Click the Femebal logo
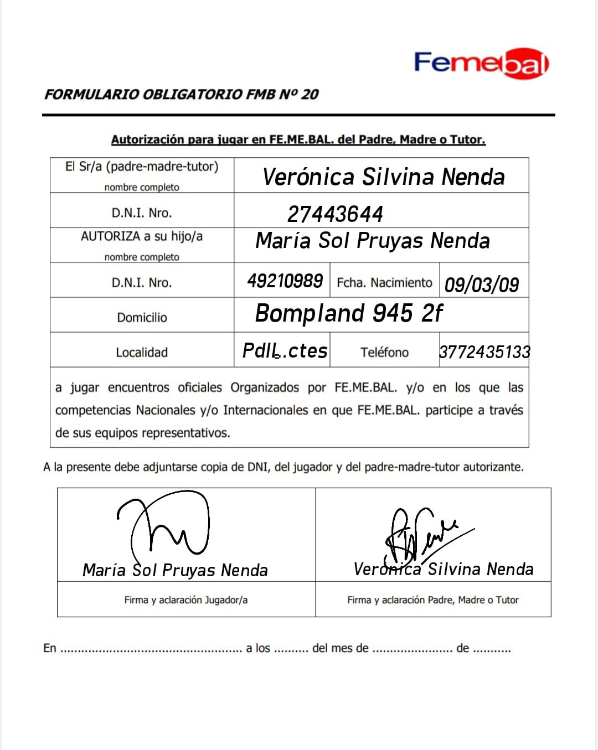(x=481, y=63)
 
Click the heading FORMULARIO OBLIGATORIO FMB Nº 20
(x=181, y=94)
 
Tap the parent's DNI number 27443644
(x=335, y=214)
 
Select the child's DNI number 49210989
(x=285, y=281)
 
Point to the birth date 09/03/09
(x=482, y=285)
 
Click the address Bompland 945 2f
(x=349, y=313)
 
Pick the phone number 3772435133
(x=484, y=351)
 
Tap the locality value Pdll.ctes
(x=285, y=350)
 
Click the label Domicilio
(x=142, y=317)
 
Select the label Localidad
(x=142, y=352)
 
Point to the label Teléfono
(x=384, y=352)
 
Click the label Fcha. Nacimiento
(x=384, y=282)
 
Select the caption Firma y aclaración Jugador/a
(x=186, y=599)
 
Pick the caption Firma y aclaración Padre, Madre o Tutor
(x=433, y=599)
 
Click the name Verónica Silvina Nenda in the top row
(x=383, y=177)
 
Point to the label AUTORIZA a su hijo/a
(x=142, y=236)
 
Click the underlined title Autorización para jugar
(x=298, y=139)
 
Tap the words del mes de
(x=340, y=648)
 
